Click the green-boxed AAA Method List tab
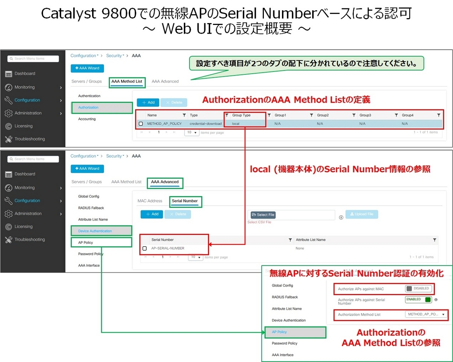(x=126, y=82)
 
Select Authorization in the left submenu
(x=88, y=108)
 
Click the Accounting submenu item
(x=87, y=119)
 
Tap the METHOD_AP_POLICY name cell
(x=164, y=124)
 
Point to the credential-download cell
(x=205, y=124)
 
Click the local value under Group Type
(x=236, y=124)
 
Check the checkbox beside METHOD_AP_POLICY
(x=141, y=124)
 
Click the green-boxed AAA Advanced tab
(x=165, y=182)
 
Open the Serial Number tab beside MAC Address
(x=185, y=201)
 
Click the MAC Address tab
(x=149, y=201)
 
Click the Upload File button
(x=361, y=214)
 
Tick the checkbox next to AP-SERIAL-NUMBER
(x=145, y=249)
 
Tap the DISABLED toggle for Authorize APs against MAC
(x=418, y=289)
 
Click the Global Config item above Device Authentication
(x=89, y=196)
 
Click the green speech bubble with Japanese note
(x=306, y=64)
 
